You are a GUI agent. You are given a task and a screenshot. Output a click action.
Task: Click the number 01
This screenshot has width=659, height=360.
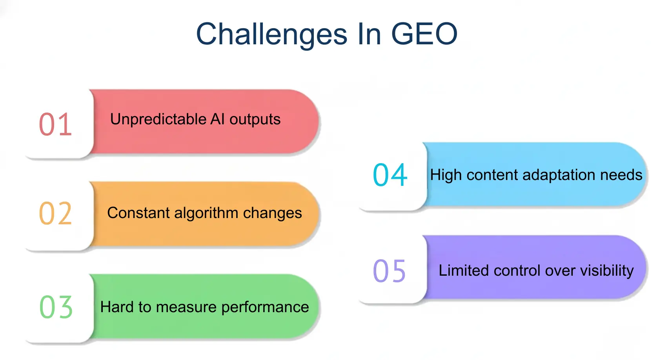(55, 125)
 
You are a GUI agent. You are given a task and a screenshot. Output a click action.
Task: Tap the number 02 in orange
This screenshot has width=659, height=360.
(55, 214)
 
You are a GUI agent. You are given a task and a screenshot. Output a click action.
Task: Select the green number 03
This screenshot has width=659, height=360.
(56, 307)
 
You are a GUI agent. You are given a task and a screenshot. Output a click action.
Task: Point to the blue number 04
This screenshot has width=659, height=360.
(390, 175)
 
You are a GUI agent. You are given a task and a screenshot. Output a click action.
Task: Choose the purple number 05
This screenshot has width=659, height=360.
(389, 271)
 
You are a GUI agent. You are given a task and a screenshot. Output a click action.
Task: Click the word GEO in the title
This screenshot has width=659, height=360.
(424, 34)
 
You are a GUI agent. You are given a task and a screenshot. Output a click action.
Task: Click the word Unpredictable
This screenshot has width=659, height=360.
(158, 119)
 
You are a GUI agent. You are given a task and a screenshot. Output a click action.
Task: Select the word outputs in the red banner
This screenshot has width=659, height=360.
(255, 120)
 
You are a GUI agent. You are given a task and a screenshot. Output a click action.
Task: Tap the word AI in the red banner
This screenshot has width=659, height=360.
(217, 119)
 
